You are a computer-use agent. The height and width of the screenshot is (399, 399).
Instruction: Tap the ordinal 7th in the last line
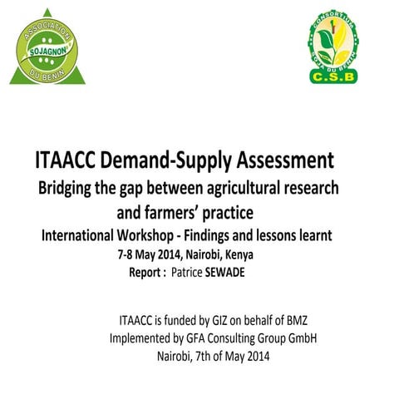click(201, 357)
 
